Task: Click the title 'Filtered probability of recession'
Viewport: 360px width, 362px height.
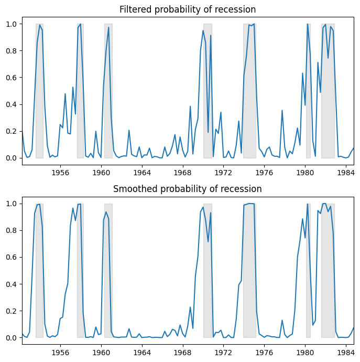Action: click(x=188, y=9)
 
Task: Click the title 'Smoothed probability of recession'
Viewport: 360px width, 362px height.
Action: click(x=188, y=189)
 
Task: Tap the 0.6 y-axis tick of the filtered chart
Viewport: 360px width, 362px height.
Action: click(x=11, y=78)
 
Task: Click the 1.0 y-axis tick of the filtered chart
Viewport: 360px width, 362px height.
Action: click(x=11, y=24)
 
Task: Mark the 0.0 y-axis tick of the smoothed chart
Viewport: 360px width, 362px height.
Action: click(x=11, y=337)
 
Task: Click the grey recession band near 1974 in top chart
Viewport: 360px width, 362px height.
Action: click(x=249, y=105)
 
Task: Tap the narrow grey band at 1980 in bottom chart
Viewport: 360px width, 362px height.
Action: click(x=308, y=273)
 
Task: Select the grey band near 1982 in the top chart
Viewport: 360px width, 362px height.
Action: click(x=328, y=105)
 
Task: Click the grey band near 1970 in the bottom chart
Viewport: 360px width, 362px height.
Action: click(x=208, y=273)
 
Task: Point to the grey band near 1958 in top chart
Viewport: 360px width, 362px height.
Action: click(x=80, y=105)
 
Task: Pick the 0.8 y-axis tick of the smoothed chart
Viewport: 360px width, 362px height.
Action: click(x=11, y=230)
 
